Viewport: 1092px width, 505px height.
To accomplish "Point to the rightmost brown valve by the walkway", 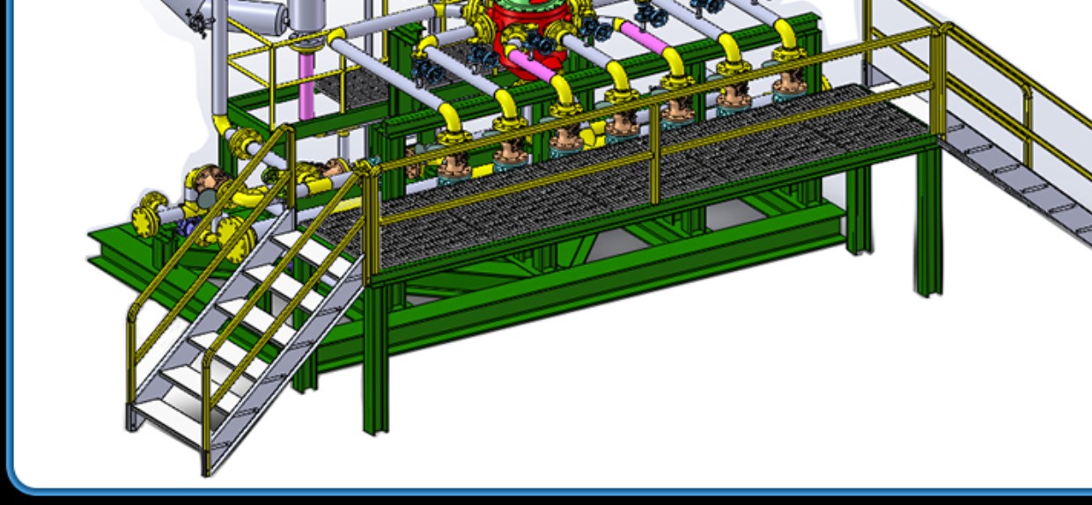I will [x=786, y=84].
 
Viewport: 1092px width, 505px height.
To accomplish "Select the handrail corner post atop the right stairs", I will [x=942, y=79].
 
